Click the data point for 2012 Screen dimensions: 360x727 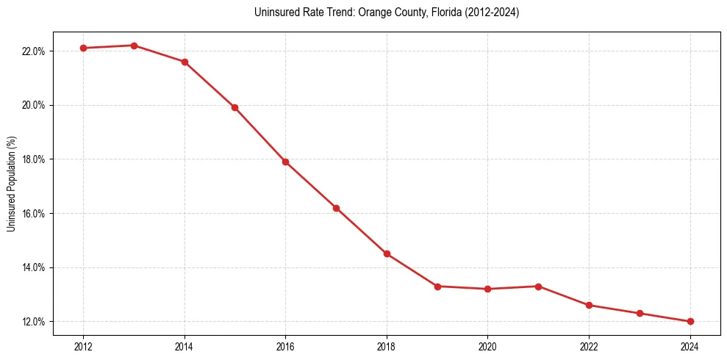(x=83, y=48)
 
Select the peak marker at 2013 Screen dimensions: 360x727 (x=134, y=46)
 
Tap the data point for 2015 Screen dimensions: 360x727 (x=235, y=107)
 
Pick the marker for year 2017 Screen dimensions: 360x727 (x=336, y=208)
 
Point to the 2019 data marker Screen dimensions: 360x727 (x=437, y=287)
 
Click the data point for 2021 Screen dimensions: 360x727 (x=538, y=287)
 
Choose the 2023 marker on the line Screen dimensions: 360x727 (x=640, y=313)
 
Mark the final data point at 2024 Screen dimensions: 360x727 (x=690, y=321)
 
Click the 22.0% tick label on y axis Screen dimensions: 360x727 (x=34, y=51)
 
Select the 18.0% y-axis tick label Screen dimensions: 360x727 (x=34, y=159)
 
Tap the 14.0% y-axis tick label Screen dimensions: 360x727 (x=34, y=267)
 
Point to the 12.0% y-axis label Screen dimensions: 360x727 (x=34, y=322)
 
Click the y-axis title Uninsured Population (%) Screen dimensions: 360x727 (x=11, y=184)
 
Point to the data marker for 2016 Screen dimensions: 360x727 (x=285, y=162)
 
